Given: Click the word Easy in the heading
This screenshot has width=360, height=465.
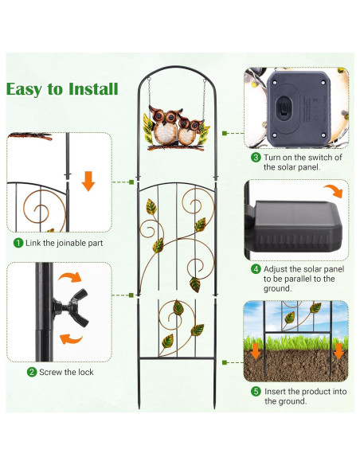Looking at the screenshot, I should coord(29,88).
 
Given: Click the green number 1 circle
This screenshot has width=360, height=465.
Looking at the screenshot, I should coord(17,242).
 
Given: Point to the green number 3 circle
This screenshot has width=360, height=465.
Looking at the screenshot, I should coord(256,158).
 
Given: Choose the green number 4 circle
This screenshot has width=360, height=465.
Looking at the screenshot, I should coord(256,269).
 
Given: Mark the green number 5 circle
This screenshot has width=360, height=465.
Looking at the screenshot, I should coord(256,391).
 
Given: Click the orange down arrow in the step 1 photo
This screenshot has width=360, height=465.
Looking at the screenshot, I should coord(88,183).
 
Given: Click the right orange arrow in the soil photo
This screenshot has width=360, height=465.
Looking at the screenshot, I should coord(338,350).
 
